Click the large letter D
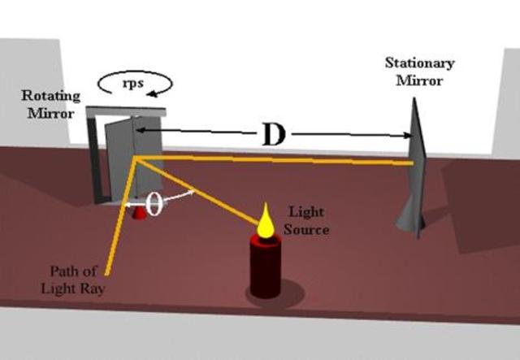point(273,135)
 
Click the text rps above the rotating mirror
point(135,81)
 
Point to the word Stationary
point(419,63)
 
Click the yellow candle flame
point(265,227)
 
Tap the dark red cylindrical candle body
point(265,268)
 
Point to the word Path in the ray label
point(58,271)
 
